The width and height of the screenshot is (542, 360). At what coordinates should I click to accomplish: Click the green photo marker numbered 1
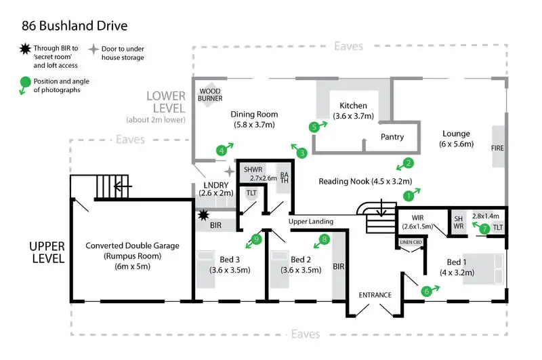click(408, 196)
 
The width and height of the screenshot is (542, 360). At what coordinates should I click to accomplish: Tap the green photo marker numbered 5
click(313, 127)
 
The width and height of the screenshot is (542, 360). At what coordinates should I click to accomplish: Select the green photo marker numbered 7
click(484, 229)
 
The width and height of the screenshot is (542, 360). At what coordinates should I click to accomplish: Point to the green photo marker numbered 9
click(256, 239)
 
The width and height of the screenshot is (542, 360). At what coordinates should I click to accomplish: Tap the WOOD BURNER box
click(210, 94)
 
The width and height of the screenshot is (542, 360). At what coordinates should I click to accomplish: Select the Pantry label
click(392, 137)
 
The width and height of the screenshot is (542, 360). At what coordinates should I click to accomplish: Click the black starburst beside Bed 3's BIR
click(203, 215)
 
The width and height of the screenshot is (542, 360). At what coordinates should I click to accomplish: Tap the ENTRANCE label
click(375, 295)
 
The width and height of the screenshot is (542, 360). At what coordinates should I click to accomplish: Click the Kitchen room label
click(354, 106)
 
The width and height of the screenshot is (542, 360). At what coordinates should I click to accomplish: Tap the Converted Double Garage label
click(133, 246)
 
